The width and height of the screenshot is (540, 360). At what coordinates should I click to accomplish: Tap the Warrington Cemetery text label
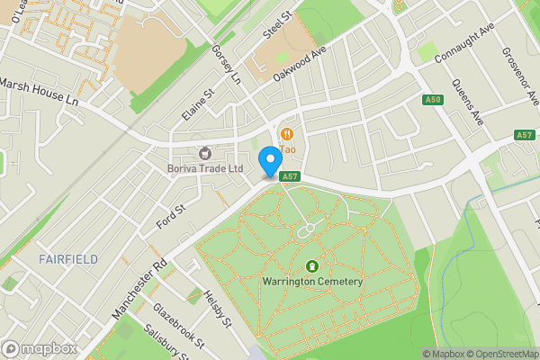(x=312, y=282)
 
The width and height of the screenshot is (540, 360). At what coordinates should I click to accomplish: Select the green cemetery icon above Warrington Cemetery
(x=312, y=265)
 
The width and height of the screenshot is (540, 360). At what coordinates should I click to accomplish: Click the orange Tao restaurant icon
(x=287, y=134)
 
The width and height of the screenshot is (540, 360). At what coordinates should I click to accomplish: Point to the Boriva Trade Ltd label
(x=206, y=168)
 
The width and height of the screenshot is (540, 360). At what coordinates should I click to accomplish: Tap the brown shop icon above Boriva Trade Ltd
(x=205, y=153)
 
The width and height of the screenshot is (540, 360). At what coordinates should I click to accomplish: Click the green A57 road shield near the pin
(x=289, y=177)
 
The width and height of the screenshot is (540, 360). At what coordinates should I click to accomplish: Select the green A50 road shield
(x=433, y=98)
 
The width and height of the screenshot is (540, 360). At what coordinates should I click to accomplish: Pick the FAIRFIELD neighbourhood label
(x=68, y=259)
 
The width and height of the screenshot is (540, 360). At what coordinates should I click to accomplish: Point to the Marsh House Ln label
(x=40, y=94)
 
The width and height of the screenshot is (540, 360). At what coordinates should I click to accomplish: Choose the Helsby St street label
(x=218, y=310)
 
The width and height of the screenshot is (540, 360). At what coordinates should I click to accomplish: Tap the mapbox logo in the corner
(x=40, y=348)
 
